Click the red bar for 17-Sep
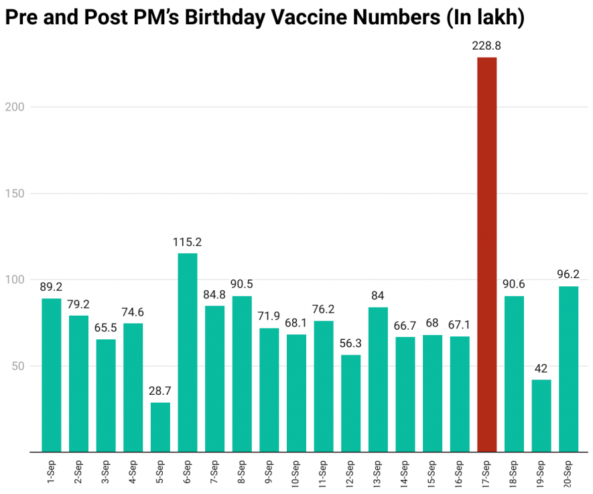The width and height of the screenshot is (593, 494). tap(486, 255)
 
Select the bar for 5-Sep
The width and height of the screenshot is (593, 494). tap(160, 427)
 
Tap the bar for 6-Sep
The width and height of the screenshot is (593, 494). tap(188, 352)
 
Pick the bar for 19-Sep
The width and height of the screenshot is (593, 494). tap(541, 416)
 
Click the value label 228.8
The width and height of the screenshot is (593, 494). tap(486, 46)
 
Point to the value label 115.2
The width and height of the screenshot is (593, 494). tap(188, 242)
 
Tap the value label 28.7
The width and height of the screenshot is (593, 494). tap(160, 391)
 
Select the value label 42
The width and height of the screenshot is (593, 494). tap(541, 369)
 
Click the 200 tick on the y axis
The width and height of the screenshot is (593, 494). tap(17, 107)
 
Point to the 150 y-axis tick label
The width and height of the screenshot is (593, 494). tap(17, 194)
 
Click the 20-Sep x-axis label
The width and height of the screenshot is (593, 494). tap(569, 475)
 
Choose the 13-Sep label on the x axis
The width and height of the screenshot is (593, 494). tap(378, 475)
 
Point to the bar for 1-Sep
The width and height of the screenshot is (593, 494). tap(52, 375)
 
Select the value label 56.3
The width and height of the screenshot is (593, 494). tap(350, 343)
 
